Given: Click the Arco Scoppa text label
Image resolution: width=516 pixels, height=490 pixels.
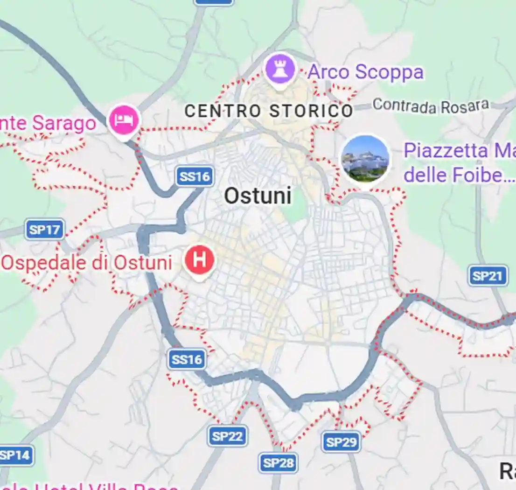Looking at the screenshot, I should click(x=365, y=72).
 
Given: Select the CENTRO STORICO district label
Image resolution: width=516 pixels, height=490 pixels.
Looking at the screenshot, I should click(x=269, y=111).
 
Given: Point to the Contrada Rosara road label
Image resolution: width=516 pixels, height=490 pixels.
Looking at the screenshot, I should click(x=431, y=105).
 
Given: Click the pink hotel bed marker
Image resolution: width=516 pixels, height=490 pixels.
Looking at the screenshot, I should click(x=124, y=120).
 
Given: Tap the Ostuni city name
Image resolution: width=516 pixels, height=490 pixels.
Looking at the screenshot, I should click(x=258, y=196).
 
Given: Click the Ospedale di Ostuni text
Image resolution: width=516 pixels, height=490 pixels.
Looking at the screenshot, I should click(x=87, y=263).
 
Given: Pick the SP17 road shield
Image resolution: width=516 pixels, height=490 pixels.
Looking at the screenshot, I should click(x=45, y=230).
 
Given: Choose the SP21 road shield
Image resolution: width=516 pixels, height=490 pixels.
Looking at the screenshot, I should click(x=488, y=276).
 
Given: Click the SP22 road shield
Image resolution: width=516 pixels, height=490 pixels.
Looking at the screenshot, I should click(x=227, y=436).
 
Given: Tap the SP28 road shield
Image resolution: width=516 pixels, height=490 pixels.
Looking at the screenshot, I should click(x=279, y=463).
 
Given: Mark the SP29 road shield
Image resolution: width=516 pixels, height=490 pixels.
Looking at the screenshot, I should click(x=342, y=442).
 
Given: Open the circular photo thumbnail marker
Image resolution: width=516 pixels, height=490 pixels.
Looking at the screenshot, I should click(x=365, y=159).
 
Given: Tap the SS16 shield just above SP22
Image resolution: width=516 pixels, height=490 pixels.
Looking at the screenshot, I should click(x=187, y=359).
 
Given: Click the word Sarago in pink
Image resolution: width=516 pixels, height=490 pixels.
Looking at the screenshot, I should click(x=64, y=124).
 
